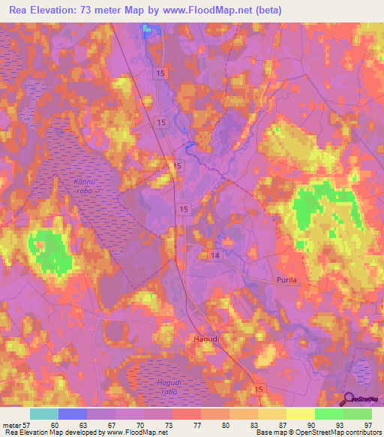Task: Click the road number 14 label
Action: coord(215,256)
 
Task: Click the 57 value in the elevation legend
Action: coord(28,425)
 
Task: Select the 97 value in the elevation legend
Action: coord(367,425)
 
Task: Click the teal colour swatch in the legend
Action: coord(44,414)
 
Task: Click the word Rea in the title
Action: coord(20,11)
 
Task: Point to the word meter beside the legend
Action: coord(12,425)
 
